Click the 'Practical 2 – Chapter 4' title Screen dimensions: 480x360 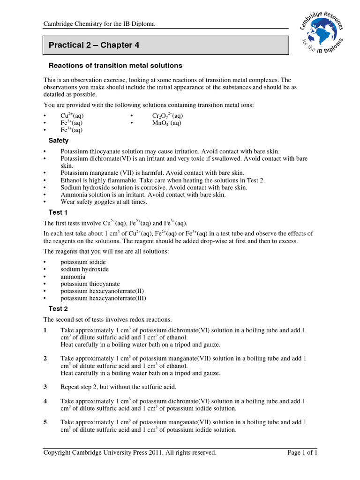(94, 45)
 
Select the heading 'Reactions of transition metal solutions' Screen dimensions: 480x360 (115, 65)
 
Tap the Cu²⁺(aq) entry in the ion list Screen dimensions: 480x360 (72, 115)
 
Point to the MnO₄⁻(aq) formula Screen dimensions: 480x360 (166, 123)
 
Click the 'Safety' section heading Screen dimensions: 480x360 (59, 140)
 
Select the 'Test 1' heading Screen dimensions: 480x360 (58, 212)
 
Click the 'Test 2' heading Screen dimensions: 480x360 (58, 308)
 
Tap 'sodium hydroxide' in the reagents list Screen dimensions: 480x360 (84, 269)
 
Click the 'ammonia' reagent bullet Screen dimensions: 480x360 (73, 277)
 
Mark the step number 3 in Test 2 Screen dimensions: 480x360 (45, 387)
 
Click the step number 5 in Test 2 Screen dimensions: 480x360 (45, 422)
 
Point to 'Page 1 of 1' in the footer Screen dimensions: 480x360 (302, 452)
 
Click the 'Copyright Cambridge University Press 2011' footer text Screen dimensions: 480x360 (130, 452)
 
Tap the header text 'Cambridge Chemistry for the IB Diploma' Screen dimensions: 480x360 (99, 24)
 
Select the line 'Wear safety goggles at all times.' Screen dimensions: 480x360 (104, 202)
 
